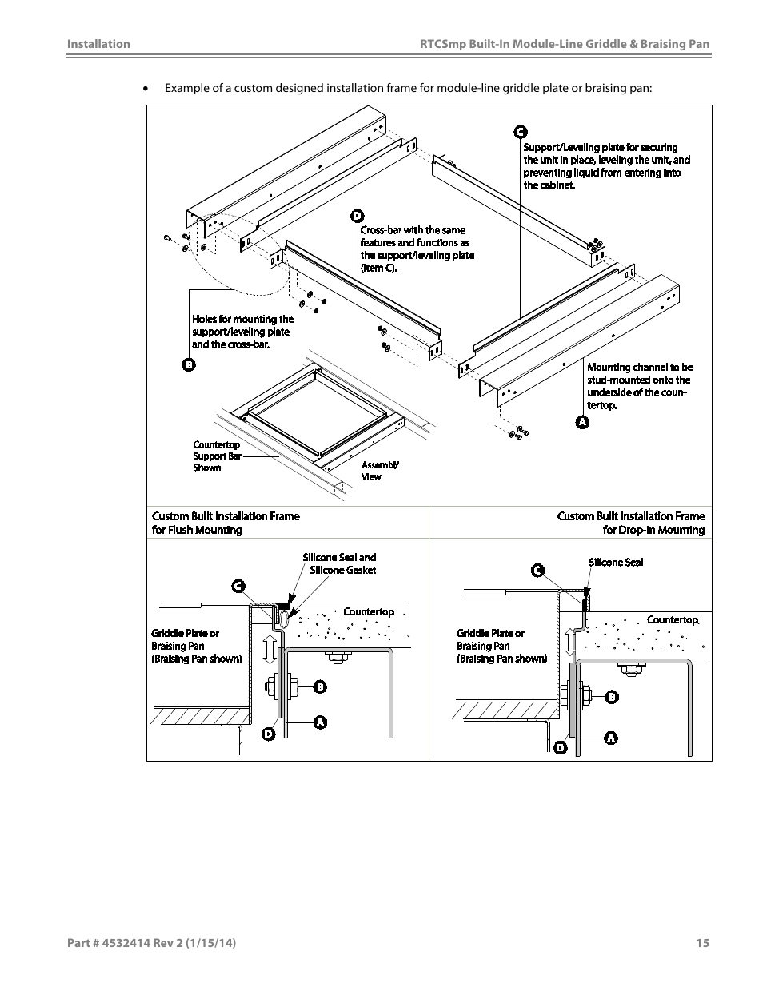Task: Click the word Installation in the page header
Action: click(x=98, y=44)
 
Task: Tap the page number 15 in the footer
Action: click(x=702, y=943)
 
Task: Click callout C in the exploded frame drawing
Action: click(x=519, y=132)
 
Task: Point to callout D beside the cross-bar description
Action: click(x=357, y=216)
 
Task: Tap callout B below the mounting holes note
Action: click(x=189, y=365)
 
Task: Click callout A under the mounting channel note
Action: click(x=582, y=421)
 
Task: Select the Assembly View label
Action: click(x=379, y=471)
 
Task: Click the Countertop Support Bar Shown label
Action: click(x=216, y=456)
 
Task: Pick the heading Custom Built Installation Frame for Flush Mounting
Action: click(x=226, y=523)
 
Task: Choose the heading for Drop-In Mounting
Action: click(x=631, y=523)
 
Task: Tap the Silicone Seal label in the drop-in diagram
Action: click(x=616, y=563)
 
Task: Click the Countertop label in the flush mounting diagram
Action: click(x=369, y=612)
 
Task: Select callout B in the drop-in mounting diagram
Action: click(x=612, y=697)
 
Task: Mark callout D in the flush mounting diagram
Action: click(x=269, y=734)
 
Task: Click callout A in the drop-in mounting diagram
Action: click(x=610, y=738)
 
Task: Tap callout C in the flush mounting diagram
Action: click(x=238, y=587)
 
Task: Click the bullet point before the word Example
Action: click(x=146, y=88)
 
